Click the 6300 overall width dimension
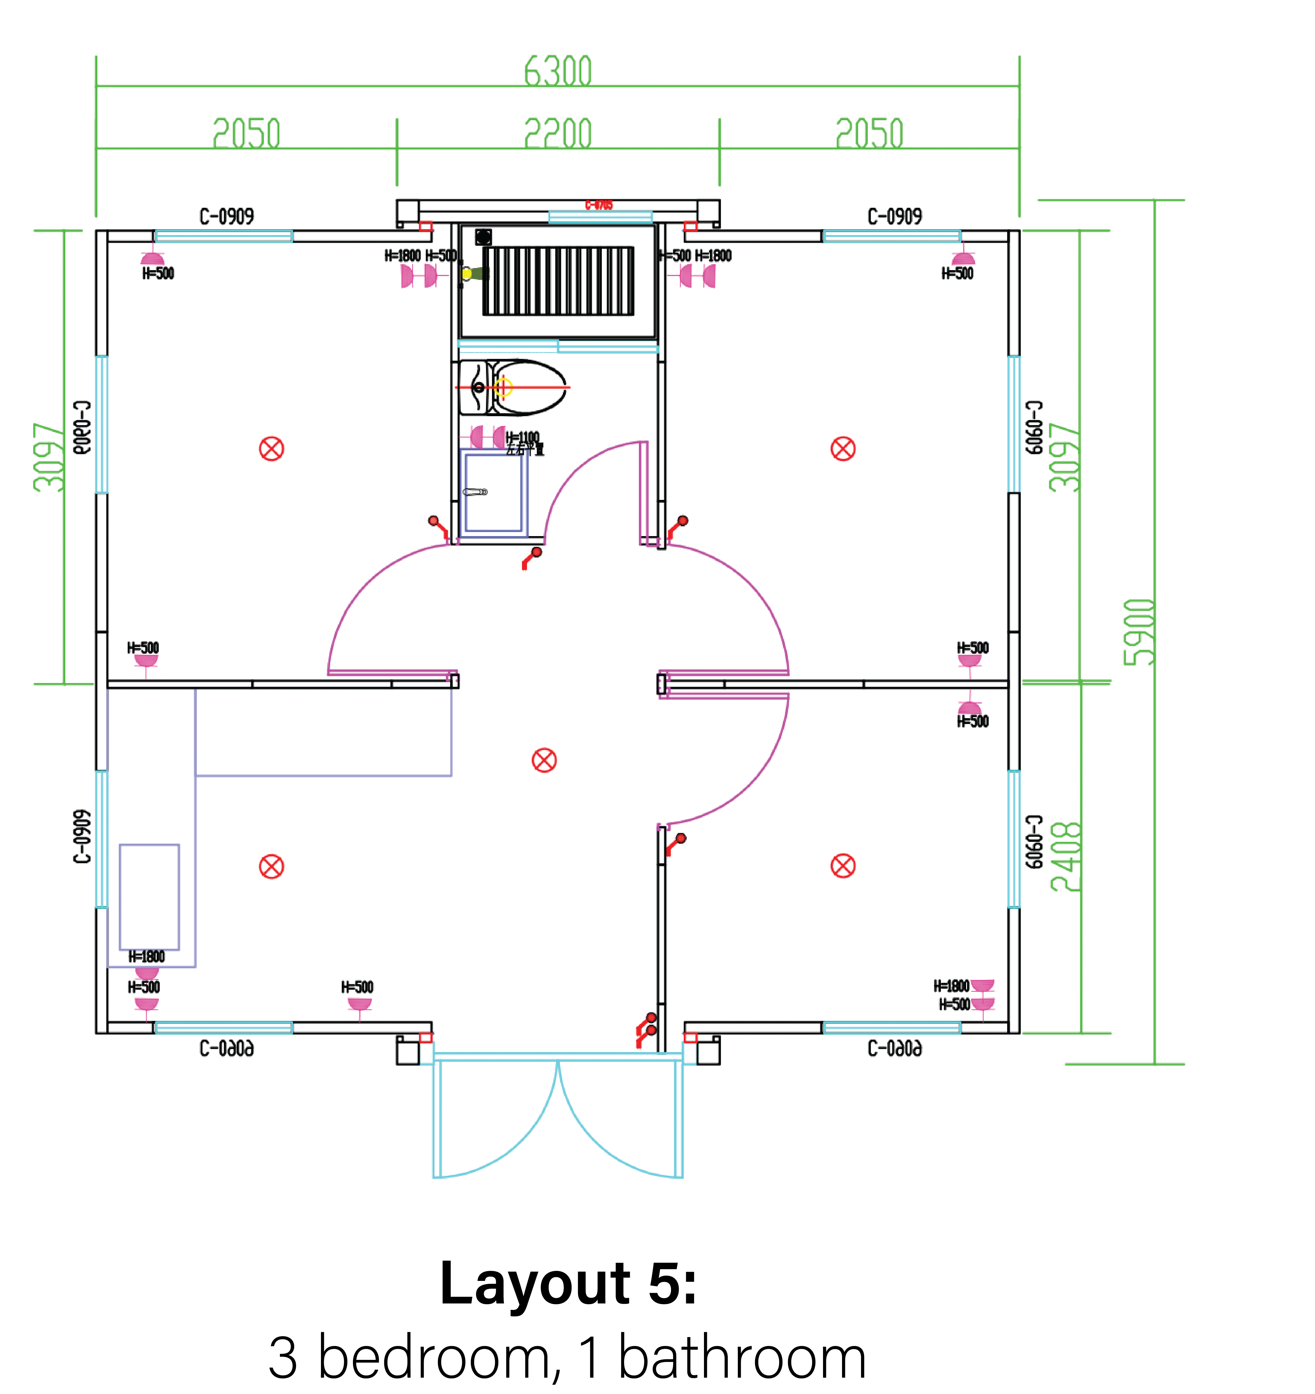point(558,72)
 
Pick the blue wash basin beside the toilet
point(494,492)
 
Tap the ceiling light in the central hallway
point(544,760)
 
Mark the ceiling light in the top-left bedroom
point(271,449)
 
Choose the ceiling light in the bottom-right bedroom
point(843,866)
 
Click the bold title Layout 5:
point(568,1283)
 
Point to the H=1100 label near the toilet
point(523,438)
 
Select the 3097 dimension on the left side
point(49,457)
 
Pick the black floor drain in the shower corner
point(483,237)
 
